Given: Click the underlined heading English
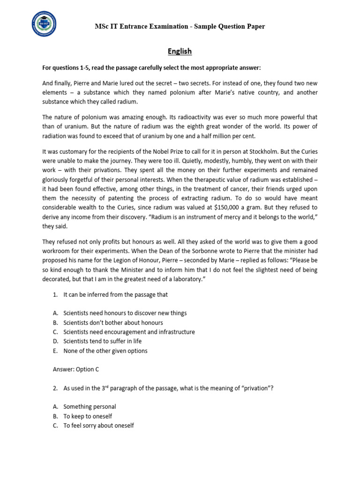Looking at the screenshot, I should (x=180, y=51).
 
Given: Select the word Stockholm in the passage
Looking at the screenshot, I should (x=255, y=152).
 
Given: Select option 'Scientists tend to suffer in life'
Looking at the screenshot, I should (x=102, y=341).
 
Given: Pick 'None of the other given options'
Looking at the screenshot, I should (x=105, y=351).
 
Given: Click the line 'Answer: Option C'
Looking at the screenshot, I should (x=75, y=369).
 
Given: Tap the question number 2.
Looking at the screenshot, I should (x=55, y=388).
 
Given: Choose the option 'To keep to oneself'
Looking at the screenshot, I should (x=88, y=416).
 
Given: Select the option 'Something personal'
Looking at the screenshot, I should (x=90, y=406).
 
